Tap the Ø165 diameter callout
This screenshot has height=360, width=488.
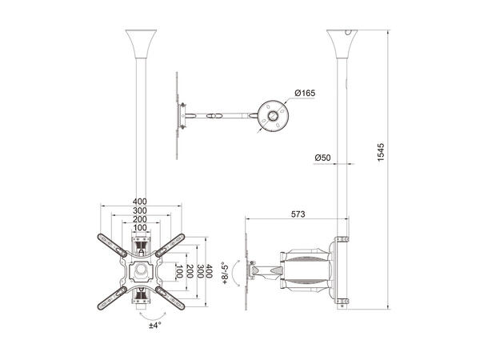pyautogui.click(x=305, y=93)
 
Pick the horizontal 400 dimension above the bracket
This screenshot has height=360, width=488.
pyautogui.click(x=140, y=200)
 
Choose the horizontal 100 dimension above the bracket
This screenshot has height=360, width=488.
pyautogui.click(x=140, y=227)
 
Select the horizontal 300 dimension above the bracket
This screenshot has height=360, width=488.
pyautogui.click(x=140, y=210)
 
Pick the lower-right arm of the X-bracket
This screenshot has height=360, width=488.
pyautogui.click(x=170, y=298)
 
